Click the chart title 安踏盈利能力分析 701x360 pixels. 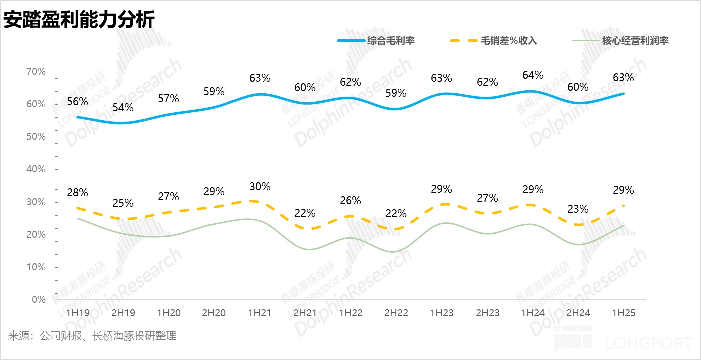(x=79, y=20)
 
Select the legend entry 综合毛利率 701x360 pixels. (x=390, y=41)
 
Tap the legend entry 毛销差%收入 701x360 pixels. (x=509, y=41)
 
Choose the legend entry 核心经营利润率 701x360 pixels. (x=635, y=41)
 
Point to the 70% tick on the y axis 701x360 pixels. (x=36, y=72)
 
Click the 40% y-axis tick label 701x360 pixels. (x=36, y=169)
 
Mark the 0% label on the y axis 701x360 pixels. (x=39, y=300)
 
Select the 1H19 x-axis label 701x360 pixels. (x=78, y=313)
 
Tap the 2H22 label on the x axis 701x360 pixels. (x=396, y=313)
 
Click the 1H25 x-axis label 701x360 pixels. (x=624, y=313)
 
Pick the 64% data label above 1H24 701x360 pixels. (x=533, y=75)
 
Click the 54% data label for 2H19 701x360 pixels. (x=123, y=107)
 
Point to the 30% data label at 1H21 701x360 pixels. (x=260, y=187)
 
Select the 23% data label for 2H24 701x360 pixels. (x=578, y=209)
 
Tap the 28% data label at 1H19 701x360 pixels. (x=78, y=193)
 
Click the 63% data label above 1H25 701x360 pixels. (x=624, y=78)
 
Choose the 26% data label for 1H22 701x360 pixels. (x=350, y=201)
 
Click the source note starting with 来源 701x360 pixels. (x=92, y=336)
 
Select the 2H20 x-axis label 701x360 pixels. (x=214, y=313)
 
